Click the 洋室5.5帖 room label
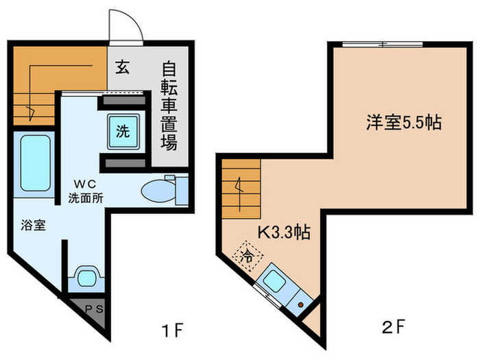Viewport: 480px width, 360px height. point(403,123)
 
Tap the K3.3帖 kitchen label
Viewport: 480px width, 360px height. point(283,232)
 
